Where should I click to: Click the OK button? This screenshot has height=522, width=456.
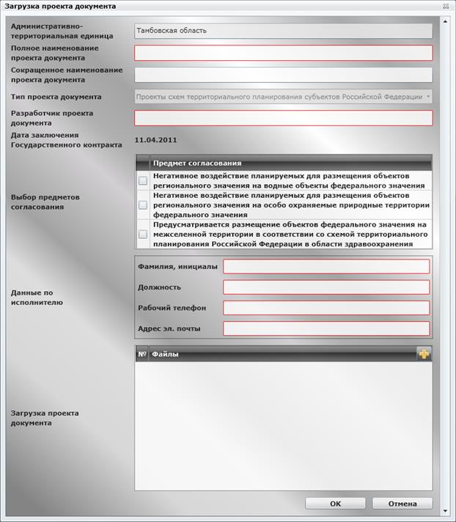tap(335, 504)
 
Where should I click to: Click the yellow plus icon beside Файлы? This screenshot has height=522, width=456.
tap(424, 354)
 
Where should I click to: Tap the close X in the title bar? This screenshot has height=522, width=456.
tap(446, 5)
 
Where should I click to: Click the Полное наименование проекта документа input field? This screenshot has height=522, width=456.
tap(284, 53)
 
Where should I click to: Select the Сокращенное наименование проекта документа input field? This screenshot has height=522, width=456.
tap(284, 75)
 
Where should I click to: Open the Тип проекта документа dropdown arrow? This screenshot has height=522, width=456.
tap(428, 96)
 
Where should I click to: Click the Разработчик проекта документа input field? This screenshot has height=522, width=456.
tap(284, 118)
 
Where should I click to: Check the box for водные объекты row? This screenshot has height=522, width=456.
tap(143, 180)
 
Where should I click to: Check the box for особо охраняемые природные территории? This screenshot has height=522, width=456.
tap(143, 205)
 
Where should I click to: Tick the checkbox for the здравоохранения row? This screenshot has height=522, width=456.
tap(143, 235)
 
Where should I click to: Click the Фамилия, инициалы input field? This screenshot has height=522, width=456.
tap(326, 266)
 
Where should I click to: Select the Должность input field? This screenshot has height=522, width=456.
tap(326, 287)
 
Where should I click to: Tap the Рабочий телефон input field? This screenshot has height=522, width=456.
tap(326, 307)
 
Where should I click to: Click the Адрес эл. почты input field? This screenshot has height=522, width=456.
tap(326, 328)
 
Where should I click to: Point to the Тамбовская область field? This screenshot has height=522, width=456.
tap(284, 31)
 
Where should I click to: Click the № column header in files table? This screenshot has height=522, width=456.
tap(141, 354)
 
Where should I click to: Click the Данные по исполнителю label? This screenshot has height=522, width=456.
tap(37, 297)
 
